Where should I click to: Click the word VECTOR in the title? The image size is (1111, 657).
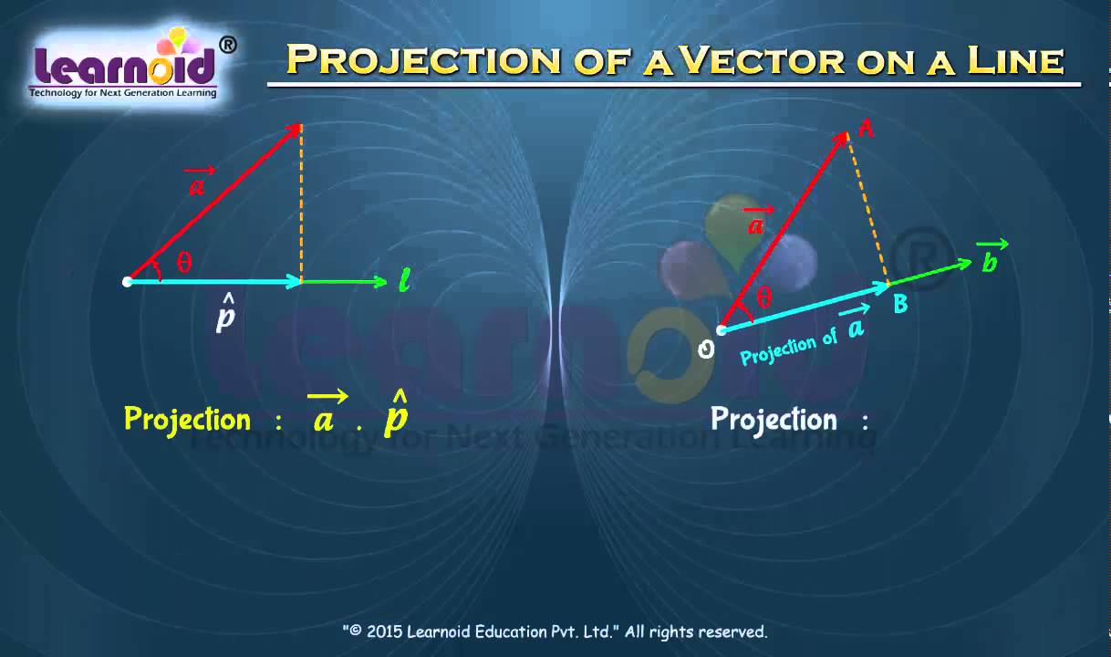765,60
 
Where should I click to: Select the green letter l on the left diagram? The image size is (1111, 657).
404,281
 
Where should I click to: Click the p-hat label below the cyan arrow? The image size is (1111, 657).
225,316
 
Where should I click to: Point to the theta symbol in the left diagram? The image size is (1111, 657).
184,263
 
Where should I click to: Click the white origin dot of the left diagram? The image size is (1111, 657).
128,282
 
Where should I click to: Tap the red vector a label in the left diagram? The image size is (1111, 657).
197,184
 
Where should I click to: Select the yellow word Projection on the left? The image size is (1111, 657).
187,419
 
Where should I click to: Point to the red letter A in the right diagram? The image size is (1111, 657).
867,130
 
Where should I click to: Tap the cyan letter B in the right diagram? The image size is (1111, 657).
900,305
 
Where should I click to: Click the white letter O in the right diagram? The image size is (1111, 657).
705,349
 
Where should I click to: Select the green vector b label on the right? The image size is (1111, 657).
991,259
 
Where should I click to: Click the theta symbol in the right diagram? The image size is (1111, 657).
764,297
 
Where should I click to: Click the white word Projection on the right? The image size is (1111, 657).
774,419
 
